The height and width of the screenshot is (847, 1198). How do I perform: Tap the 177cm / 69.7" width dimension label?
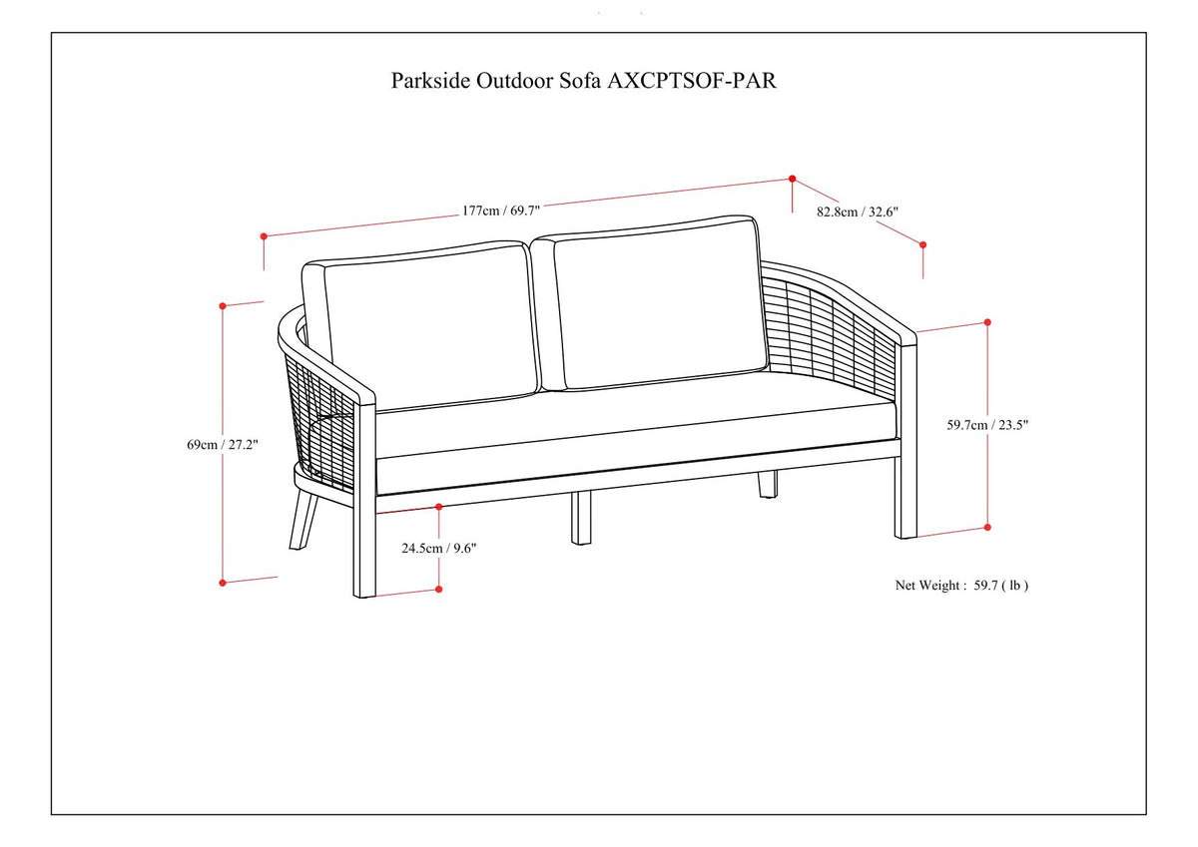pos(501,211)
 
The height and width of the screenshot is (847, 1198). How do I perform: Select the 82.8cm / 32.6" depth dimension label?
pos(858,212)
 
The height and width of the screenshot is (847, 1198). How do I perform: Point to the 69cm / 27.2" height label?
pos(223,445)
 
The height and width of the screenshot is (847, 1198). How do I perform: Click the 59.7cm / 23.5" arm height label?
pos(987,424)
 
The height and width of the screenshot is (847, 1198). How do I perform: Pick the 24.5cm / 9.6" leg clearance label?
pos(440,547)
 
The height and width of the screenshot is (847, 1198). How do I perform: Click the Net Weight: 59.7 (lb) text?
pos(960,586)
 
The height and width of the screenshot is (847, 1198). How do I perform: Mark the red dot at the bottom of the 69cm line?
pos(223,582)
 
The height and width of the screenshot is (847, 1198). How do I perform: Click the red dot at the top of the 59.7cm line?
pos(987,322)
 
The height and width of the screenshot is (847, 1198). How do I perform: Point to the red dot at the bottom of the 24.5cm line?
pos(439,590)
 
